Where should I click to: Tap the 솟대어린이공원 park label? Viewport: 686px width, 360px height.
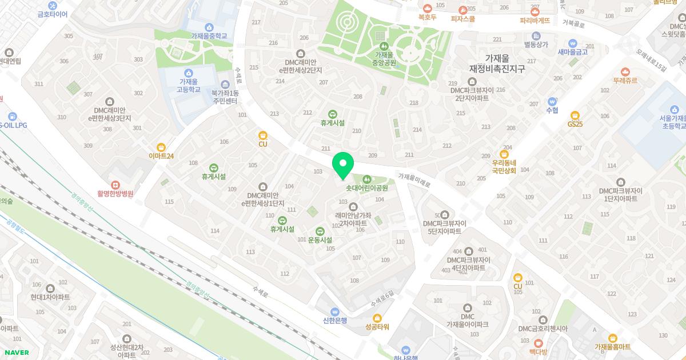(367, 187)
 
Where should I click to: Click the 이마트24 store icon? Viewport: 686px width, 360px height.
(161, 147)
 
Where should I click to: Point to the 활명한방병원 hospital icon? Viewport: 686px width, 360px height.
(115, 185)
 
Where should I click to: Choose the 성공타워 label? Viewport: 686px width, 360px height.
(377, 327)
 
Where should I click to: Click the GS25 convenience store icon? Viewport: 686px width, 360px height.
(575, 115)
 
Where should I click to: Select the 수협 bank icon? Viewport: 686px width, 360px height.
(552, 101)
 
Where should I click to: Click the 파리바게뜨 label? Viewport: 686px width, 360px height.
(535, 20)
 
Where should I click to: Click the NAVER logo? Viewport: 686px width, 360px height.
(15, 353)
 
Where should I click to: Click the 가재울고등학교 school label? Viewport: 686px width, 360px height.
(189, 86)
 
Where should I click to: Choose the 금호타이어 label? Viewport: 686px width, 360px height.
(53, 14)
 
